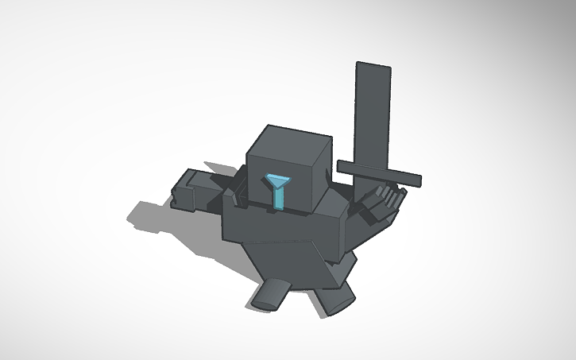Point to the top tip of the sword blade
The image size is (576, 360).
[x=374, y=66]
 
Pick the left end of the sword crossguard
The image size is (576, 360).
[x=342, y=165]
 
